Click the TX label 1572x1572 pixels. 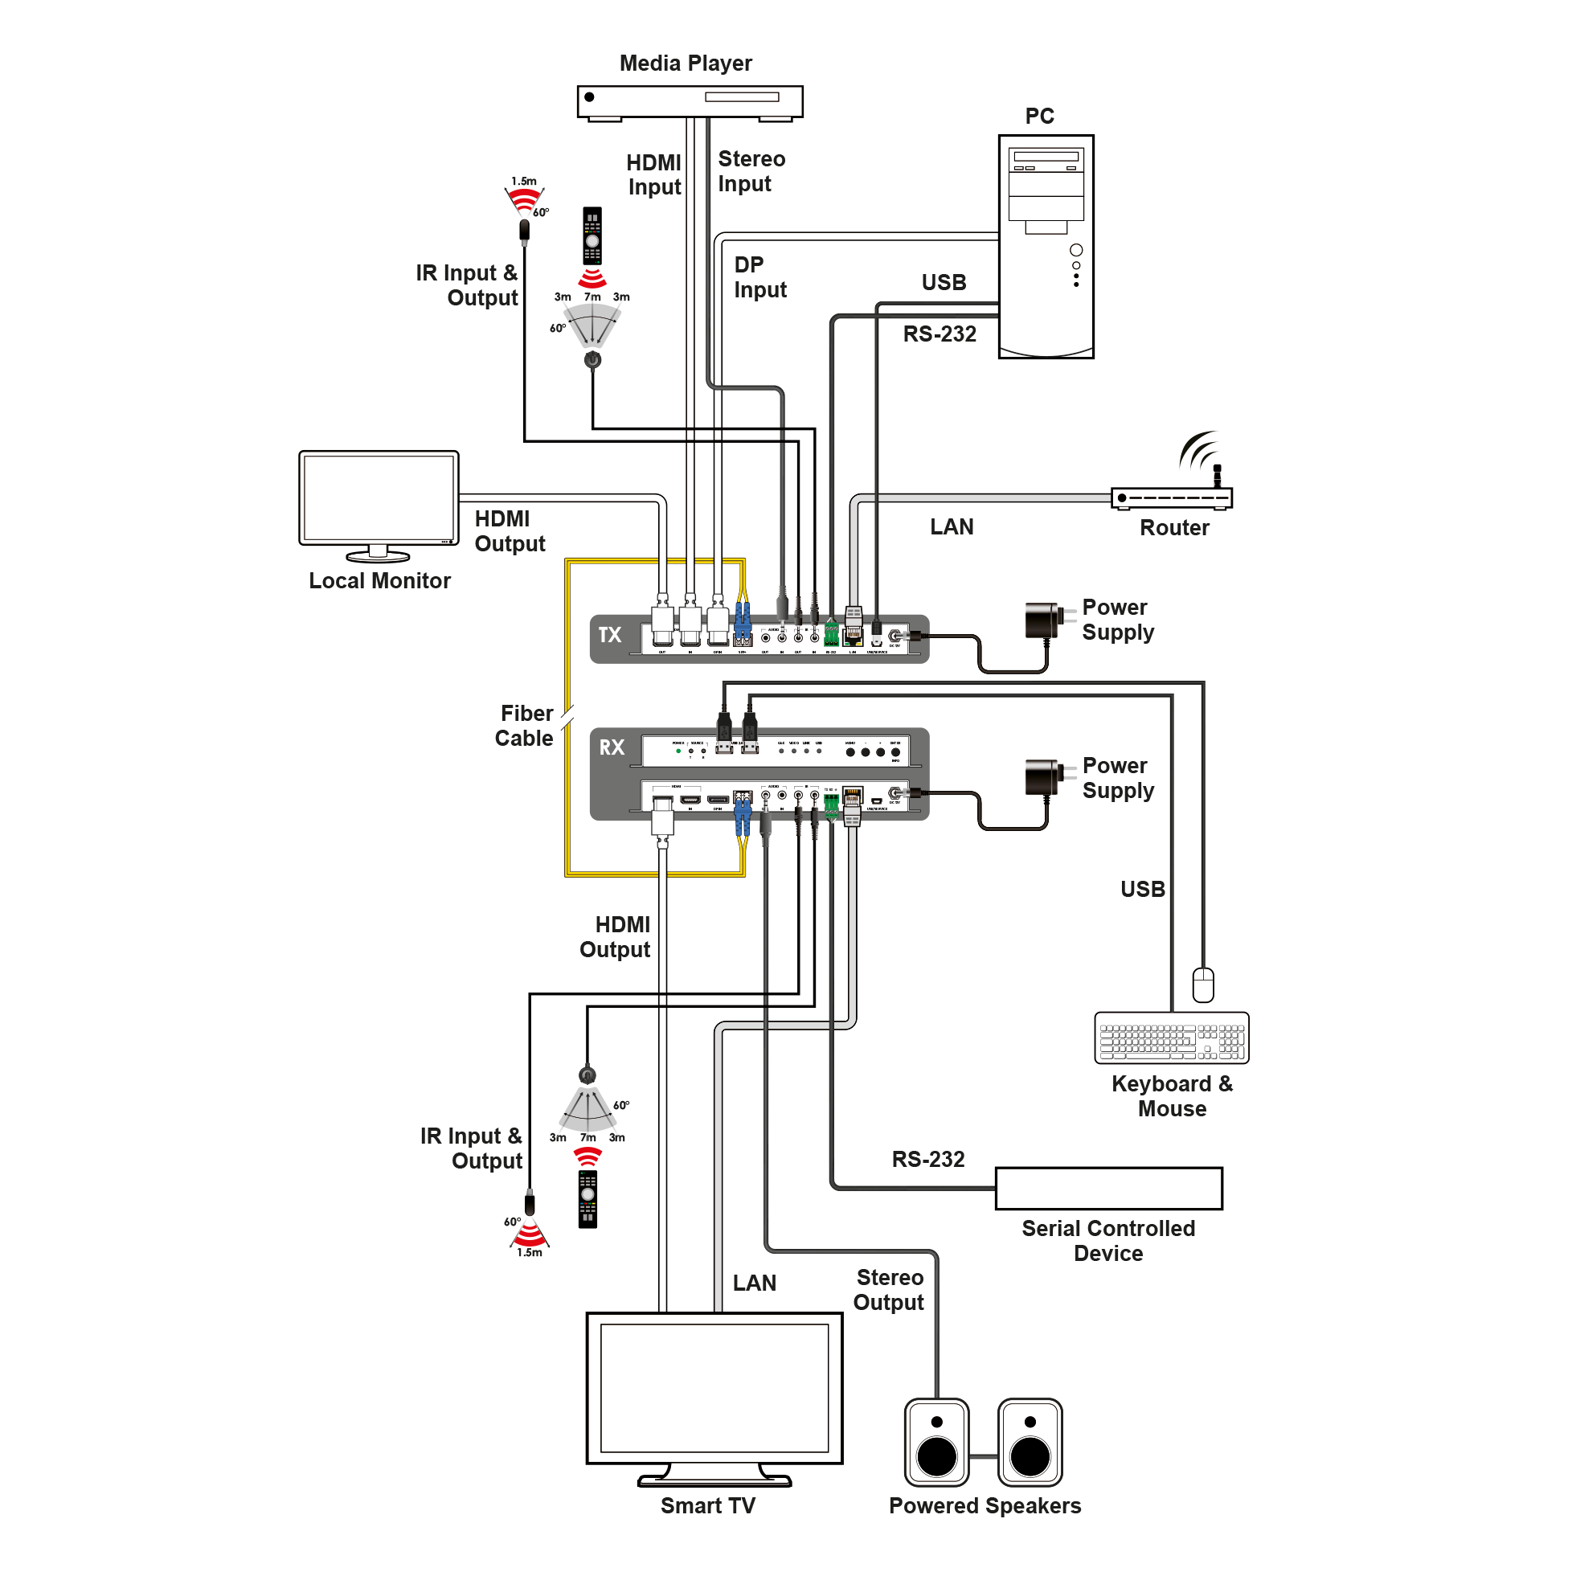pyautogui.click(x=609, y=636)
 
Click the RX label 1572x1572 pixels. pyautogui.click(x=612, y=747)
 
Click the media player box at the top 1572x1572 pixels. pyautogui.click(x=690, y=101)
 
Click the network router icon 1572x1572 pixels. pyautogui.click(x=1171, y=498)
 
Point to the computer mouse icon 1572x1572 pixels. pyautogui.click(x=1202, y=985)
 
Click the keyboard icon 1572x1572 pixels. pyautogui.click(x=1171, y=1038)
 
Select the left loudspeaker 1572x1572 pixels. pyautogui.click(x=936, y=1442)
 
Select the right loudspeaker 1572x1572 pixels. pyautogui.click(x=1030, y=1442)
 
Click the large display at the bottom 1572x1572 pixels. pyautogui.click(x=714, y=1392)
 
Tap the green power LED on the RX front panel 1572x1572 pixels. pyautogui.click(x=678, y=751)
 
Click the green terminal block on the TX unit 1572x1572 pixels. pyautogui.click(x=831, y=634)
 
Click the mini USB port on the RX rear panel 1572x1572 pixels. pyautogui.click(x=876, y=801)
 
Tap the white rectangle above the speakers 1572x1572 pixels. pyautogui.click(x=1108, y=1189)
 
